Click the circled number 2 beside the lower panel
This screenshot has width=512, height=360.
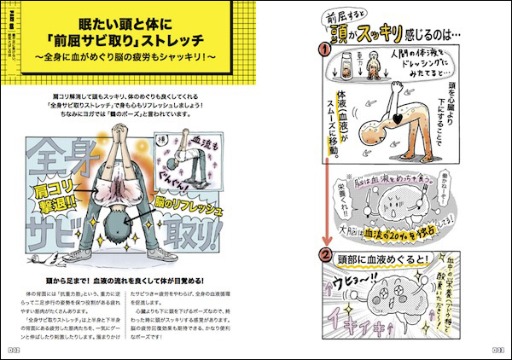pyautogui.click(x=325, y=253)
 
